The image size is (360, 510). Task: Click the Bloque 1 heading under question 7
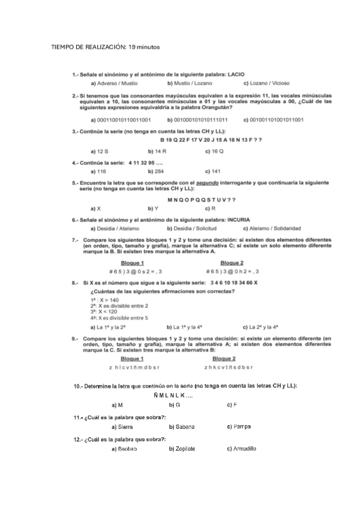tap(132, 263)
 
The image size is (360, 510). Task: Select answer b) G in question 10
tap(175, 405)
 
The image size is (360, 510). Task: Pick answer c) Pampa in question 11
tap(239, 426)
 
